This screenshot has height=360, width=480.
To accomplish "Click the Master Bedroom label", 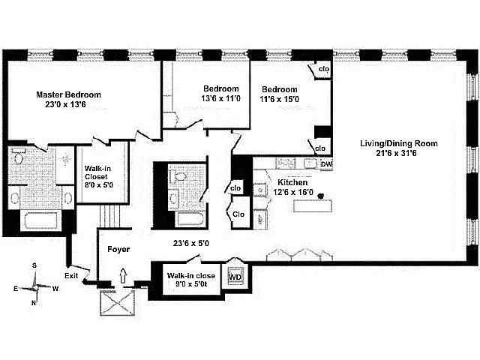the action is pyautogui.click(x=68, y=94).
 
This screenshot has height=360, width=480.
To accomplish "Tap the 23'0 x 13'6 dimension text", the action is pyautogui.click(x=65, y=104).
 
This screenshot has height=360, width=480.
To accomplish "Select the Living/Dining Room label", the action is pyautogui.click(x=399, y=143).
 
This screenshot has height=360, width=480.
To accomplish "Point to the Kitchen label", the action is pyautogui.click(x=292, y=182).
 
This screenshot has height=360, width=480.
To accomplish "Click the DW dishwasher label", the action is pyautogui.click(x=326, y=164).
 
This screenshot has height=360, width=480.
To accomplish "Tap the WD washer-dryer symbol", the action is pyautogui.click(x=235, y=277).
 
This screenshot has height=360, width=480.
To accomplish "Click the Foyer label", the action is pyautogui.click(x=118, y=250).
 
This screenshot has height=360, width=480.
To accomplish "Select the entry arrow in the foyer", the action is pyautogui.click(x=123, y=275).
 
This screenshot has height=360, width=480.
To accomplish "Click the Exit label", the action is pyautogui.click(x=71, y=276).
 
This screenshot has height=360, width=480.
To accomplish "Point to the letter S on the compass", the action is pyautogui.click(x=34, y=265).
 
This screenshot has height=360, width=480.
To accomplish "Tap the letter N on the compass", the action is pyautogui.click(x=33, y=303).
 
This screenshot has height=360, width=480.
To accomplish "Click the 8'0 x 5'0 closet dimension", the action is pyautogui.click(x=98, y=185).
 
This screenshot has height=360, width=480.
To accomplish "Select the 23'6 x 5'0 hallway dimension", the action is pyautogui.click(x=191, y=243).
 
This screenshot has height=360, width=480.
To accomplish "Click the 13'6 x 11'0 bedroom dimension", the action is pyautogui.click(x=220, y=98).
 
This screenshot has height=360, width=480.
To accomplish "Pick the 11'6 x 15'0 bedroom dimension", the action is pyautogui.click(x=279, y=99).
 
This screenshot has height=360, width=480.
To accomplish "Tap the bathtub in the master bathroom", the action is pyautogui.click(x=41, y=220).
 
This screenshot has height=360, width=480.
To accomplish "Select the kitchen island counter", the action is pyautogui.click(x=313, y=206).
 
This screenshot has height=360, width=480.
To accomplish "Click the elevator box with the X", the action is pyautogui.click(x=118, y=302).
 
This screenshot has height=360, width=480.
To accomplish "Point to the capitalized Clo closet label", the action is pyautogui.click(x=238, y=214).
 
